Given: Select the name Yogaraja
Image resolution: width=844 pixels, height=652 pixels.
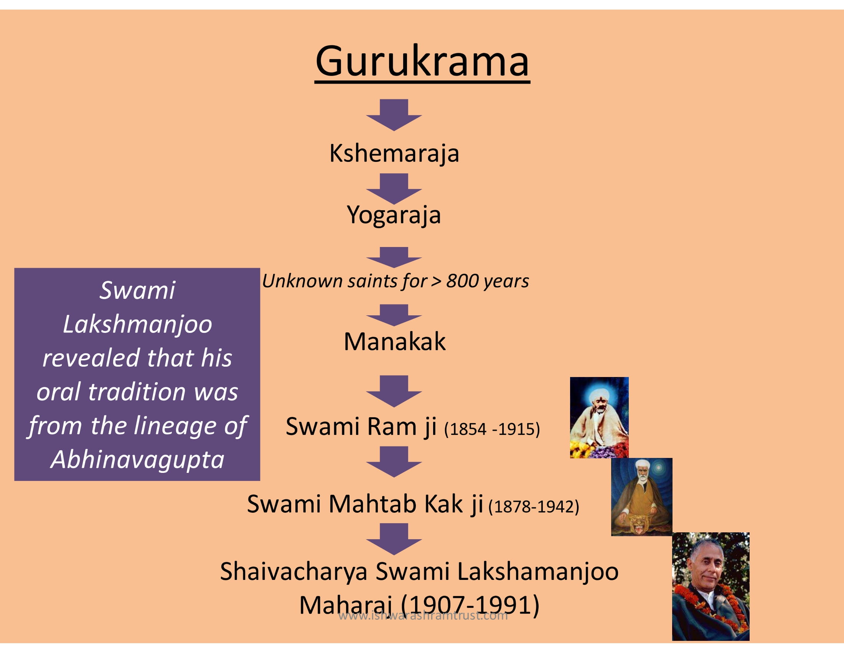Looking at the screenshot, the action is (394, 215).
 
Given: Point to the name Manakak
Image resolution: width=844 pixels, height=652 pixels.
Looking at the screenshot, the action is (394, 342).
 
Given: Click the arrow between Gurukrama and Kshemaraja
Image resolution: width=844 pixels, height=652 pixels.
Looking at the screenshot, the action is (394, 115).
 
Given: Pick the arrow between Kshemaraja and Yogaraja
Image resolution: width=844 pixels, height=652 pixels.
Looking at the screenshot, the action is (394, 188).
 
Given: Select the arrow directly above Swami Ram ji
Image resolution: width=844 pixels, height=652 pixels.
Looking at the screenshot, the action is (394, 391).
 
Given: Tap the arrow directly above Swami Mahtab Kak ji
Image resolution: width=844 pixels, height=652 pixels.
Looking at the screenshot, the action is (394, 461).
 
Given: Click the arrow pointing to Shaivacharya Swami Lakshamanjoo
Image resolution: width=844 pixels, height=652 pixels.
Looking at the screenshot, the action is (394, 539).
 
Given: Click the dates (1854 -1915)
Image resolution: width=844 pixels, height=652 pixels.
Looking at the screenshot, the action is (492, 429).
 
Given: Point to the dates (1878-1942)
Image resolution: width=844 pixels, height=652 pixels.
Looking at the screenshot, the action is (534, 506).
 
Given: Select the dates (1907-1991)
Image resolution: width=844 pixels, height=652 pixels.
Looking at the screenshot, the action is (470, 605).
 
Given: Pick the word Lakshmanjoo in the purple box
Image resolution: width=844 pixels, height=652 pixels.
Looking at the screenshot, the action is (138, 324).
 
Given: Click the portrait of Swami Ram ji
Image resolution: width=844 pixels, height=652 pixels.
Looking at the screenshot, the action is (599, 418).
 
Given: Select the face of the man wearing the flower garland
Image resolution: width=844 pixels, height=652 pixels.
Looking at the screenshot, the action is (706, 564).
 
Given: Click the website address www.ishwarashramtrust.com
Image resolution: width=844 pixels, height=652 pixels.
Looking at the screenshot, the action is (423, 615).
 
